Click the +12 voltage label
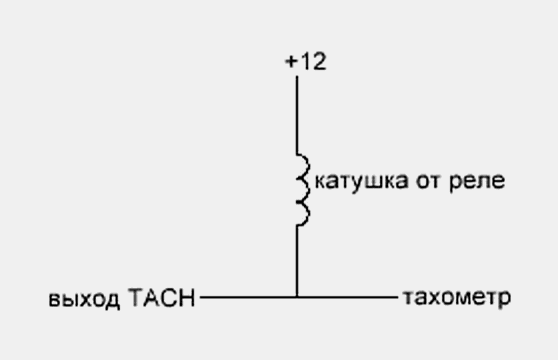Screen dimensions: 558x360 tap(306, 61)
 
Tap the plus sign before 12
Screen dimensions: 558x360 tap(291, 62)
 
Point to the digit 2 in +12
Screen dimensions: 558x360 tap(319, 61)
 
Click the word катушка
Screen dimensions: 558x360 tap(361, 181)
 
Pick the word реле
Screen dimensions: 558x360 tap(477, 182)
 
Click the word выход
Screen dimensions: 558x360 tap(84, 299)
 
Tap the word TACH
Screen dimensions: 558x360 tap(162, 297)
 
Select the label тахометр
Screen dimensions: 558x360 tap(457, 298)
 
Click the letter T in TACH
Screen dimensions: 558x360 tap(135, 297)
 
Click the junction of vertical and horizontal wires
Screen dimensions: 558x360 tap(297, 297)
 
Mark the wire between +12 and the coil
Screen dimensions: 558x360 tap(297, 115)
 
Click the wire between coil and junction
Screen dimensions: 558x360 tap(297, 261)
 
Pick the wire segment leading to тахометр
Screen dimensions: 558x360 tap(347, 297)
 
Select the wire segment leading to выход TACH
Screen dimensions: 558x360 tap(248, 297)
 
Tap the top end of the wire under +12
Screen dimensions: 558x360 tap(297, 76)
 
